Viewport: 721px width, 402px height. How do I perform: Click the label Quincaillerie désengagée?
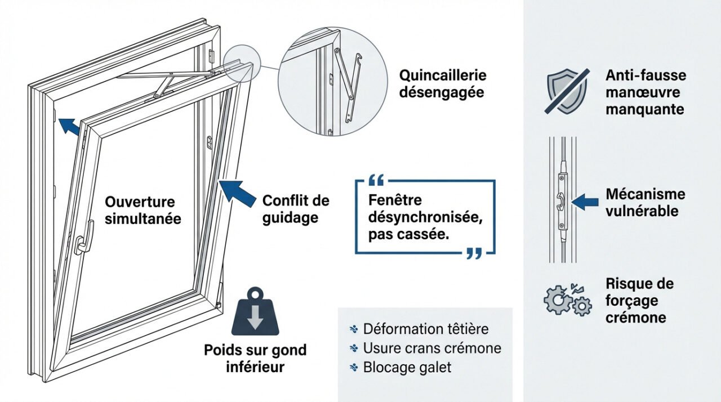point(442,83)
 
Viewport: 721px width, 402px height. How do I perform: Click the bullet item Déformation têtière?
point(425,329)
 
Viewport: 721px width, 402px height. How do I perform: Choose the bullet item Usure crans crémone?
point(431,348)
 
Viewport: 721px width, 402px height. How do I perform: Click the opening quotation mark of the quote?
point(375,181)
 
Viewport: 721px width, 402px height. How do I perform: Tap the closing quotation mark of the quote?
point(474,253)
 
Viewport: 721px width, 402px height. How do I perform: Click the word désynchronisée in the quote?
point(425,217)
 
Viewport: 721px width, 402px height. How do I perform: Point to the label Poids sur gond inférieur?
point(255,358)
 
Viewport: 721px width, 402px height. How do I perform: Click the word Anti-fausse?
point(646,75)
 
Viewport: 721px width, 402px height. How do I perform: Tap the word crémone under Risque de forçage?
point(635,317)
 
